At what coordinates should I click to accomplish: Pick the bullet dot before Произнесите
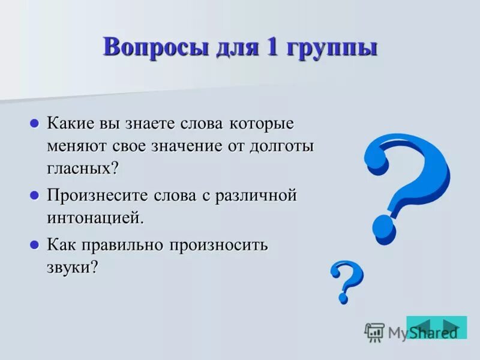[x=34, y=196]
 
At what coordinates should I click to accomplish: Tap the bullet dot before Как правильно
[x=34, y=245]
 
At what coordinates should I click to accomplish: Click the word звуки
[x=68, y=267]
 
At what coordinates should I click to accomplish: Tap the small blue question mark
[x=346, y=280]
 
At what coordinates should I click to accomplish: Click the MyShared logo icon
[x=374, y=332]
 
